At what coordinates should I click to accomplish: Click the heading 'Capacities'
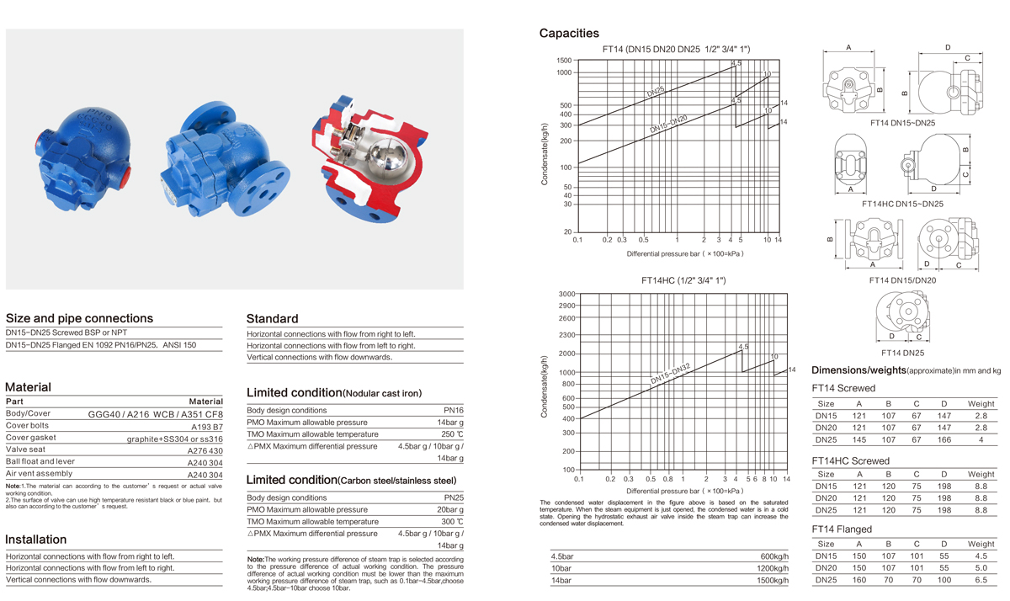point(569,34)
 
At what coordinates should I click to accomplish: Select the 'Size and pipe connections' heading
point(79,318)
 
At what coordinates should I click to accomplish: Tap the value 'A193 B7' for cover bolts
point(205,426)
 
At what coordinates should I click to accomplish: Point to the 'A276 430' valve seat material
point(205,450)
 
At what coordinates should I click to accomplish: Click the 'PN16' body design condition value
point(453,410)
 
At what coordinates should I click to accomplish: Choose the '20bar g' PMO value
point(445,510)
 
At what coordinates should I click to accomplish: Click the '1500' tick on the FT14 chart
point(563,61)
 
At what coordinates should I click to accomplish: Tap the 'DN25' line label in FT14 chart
point(657,89)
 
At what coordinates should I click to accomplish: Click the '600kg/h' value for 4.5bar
point(773,557)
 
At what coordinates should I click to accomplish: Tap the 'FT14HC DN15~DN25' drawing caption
point(902,204)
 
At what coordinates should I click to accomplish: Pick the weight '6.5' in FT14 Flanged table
point(981,581)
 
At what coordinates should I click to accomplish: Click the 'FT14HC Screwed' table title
point(850,461)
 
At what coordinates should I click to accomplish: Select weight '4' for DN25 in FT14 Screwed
point(981,440)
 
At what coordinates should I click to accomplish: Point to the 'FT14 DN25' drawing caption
point(902,353)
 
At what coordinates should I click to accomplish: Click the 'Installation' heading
point(35,540)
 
